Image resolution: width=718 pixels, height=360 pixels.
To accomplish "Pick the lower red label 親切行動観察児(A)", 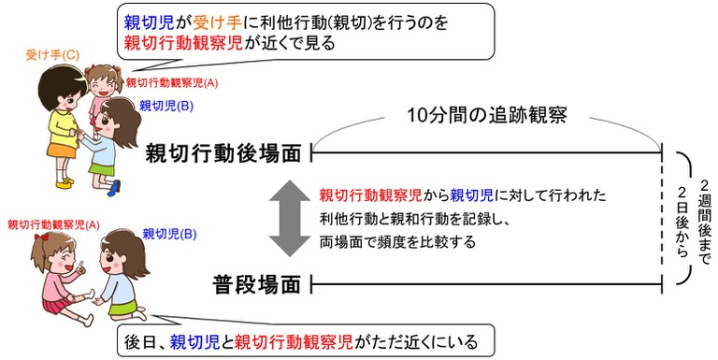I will [x=53, y=224].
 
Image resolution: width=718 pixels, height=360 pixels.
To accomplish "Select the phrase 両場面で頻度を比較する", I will [x=397, y=241].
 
